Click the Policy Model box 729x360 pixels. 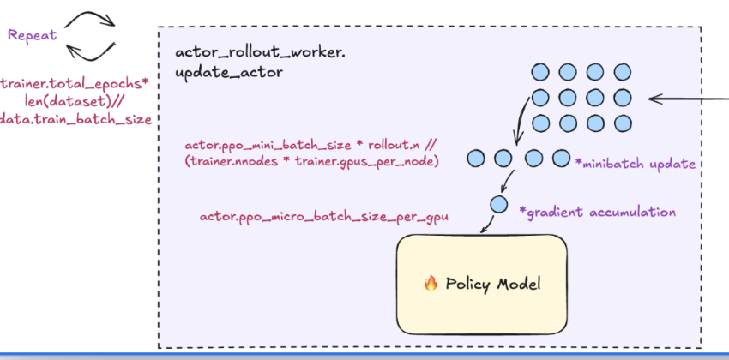480,284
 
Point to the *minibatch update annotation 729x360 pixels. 636,163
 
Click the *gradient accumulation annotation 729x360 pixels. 597,212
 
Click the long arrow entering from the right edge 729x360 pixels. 686,99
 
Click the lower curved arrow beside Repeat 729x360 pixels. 91,51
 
